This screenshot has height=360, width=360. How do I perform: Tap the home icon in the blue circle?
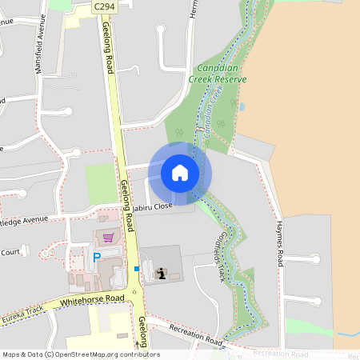coord(180,173)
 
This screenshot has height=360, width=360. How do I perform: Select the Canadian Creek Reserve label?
coord(217,74)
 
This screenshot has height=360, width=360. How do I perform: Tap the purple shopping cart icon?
coord(108,238)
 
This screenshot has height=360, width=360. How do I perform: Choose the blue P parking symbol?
coord(97,258)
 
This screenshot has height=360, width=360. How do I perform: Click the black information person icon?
coord(161,274)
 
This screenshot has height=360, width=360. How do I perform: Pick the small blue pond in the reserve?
coord(241,105)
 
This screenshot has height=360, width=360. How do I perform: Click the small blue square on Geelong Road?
coord(137,269)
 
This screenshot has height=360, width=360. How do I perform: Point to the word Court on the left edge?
coord(10,252)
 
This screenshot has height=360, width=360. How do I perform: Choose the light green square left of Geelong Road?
coord(102,183)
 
